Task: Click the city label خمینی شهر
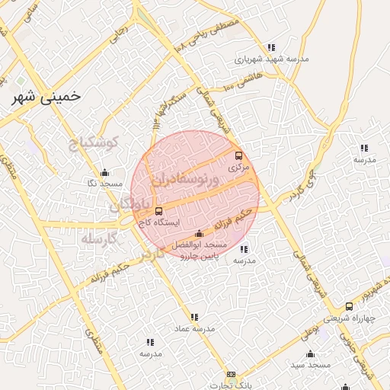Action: tap(47, 98)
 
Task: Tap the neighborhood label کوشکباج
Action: tap(93, 143)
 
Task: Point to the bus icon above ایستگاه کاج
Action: tap(158, 211)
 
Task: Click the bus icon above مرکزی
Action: tap(238, 155)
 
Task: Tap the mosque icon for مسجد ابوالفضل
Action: tap(200, 234)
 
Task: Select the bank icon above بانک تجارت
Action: tap(232, 374)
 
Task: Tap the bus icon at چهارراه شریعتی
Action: tap(349, 306)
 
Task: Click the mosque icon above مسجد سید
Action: tap(310, 354)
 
